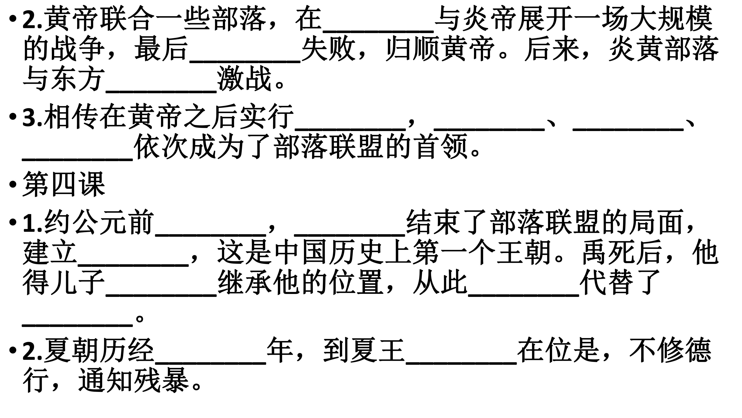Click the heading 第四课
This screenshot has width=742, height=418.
[64, 184]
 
